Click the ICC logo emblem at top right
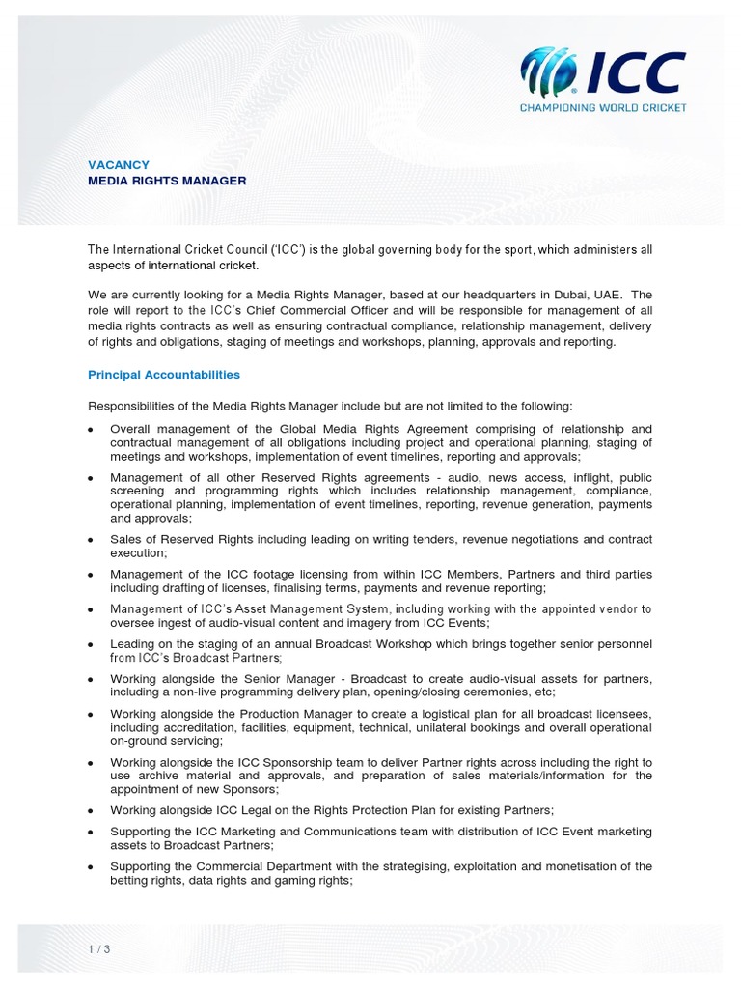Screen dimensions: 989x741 (551, 71)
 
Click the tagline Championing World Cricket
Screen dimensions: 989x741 (603, 107)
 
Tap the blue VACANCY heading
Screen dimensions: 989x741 (119, 165)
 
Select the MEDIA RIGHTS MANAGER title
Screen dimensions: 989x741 (167, 181)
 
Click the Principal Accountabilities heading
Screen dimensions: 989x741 (164, 374)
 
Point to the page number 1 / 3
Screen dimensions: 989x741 (99, 948)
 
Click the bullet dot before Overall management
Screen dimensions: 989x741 (91, 429)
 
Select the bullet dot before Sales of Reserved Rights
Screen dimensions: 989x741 (91, 539)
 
